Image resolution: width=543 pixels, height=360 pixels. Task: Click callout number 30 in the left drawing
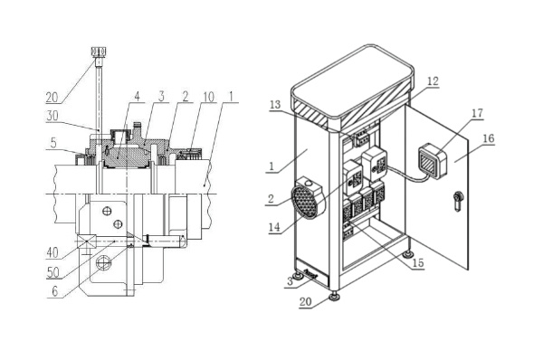coord(52,116)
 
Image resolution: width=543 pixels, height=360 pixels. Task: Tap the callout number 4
coord(138,97)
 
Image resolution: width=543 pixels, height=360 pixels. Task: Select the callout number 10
coord(208,98)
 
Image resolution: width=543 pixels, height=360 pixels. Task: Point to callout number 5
coord(53,143)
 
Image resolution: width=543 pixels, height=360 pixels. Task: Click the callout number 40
coord(52,252)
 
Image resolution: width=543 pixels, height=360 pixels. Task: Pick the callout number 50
coord(53,272)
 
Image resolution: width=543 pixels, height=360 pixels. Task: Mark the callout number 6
coord(54,291)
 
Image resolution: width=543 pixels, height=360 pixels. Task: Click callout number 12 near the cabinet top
coord(433,81)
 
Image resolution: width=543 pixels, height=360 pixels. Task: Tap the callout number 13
coord(275,105)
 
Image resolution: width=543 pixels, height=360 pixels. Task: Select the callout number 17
coord(477,113)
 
